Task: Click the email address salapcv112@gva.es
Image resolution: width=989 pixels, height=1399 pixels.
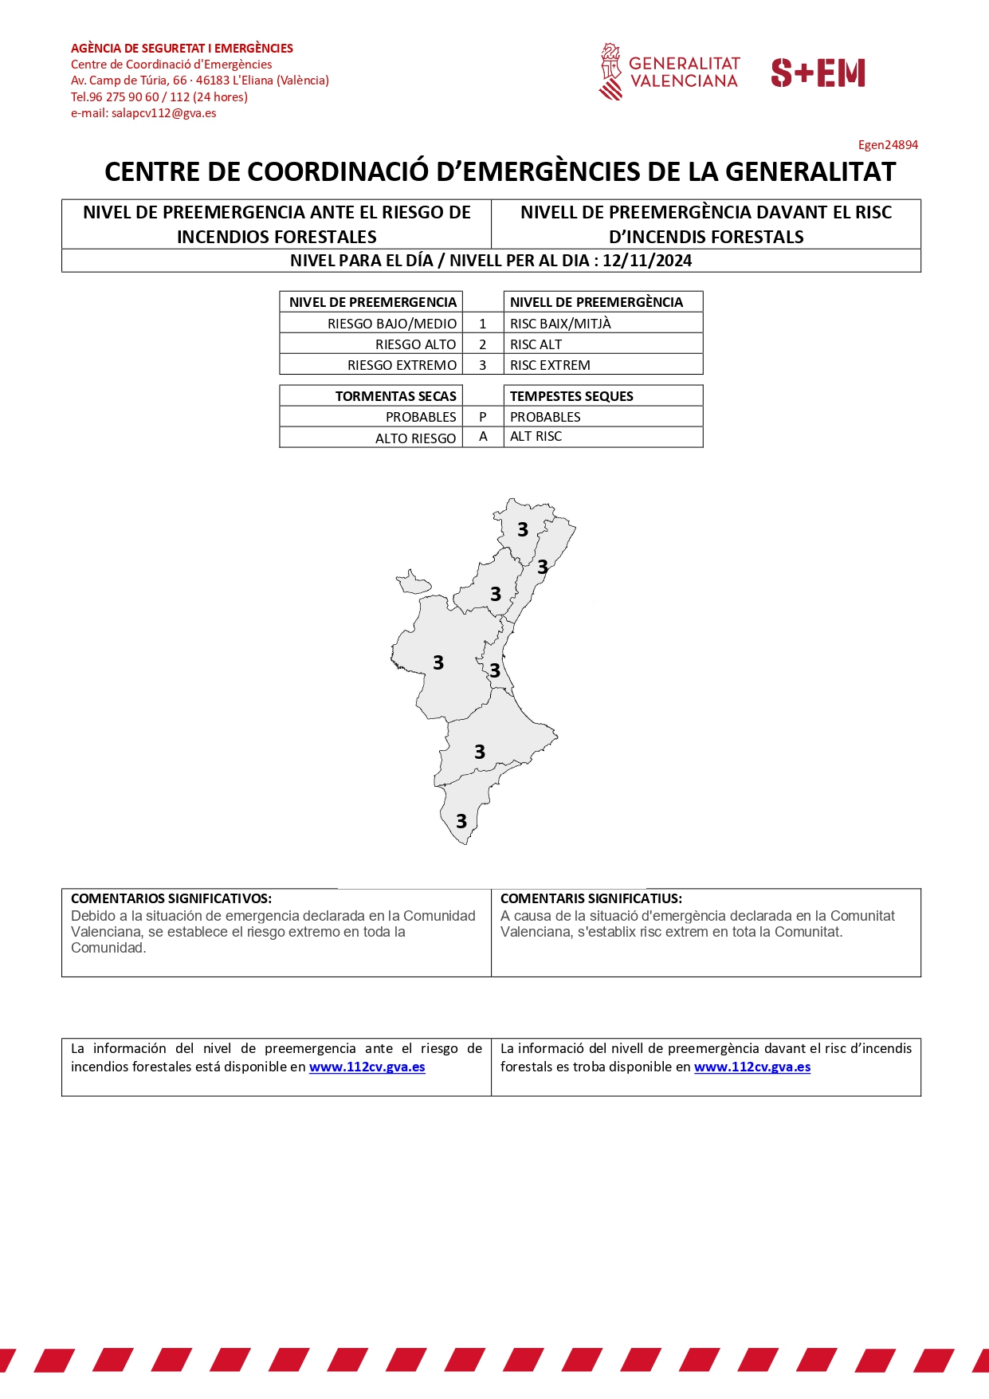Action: click(x=163, y=113)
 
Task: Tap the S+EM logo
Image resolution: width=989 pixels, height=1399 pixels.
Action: click(x=818, y=73)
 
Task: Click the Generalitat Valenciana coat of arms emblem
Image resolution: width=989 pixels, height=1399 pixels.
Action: click(x=610, y=72)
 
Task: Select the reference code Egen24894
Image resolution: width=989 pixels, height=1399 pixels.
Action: click(x=888, y=145)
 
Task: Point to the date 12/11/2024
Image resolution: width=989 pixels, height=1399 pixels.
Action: click(x=647, y=261)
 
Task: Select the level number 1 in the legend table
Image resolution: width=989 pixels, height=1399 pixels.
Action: click(x=483, y=324)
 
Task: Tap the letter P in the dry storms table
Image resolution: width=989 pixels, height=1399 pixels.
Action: click(x=483, y=417)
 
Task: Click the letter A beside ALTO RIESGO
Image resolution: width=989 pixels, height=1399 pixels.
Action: click(x=483, y=437)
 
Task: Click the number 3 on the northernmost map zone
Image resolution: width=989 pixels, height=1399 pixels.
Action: click(x=523, y=530)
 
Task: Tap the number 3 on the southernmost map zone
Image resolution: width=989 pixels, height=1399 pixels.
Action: click(x=461, y=821)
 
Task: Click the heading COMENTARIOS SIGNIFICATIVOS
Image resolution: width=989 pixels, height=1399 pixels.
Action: click(x=171, y=898)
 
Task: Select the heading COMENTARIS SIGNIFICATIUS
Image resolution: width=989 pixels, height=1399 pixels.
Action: click(x=591, y=898)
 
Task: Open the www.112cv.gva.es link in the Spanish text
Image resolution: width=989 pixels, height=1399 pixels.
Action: click(x=367, y=1067)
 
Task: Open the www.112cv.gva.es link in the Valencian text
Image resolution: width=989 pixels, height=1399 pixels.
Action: click(x=752, y=1067)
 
